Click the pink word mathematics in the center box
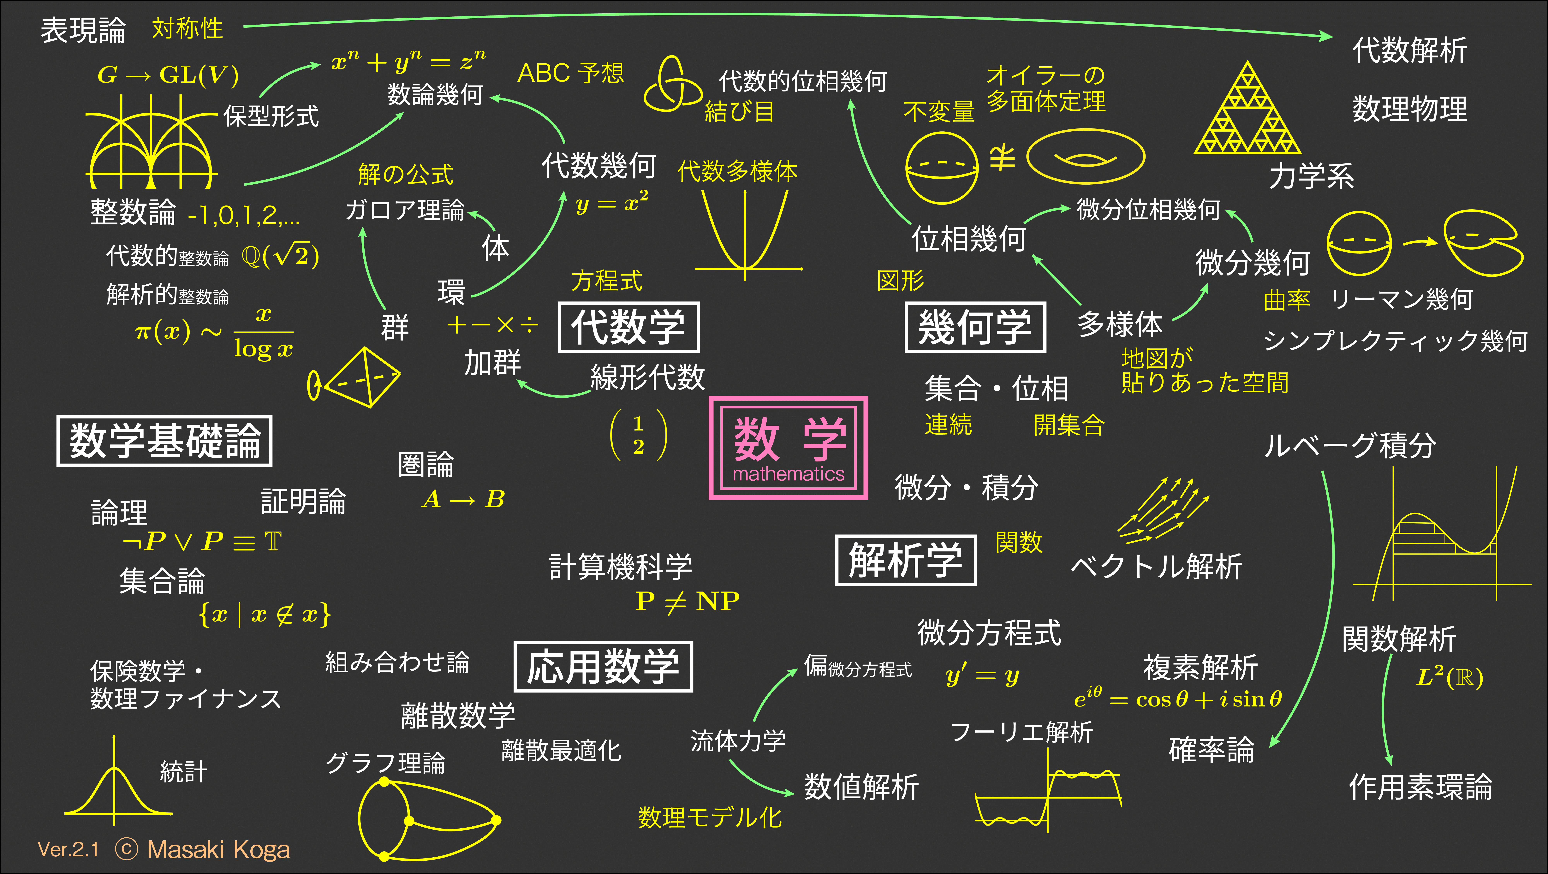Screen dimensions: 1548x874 [789, 474]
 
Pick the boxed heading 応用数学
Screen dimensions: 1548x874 [603, 667]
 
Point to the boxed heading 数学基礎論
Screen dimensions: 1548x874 [165, 441]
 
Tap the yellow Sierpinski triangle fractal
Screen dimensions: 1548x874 [1247, 108]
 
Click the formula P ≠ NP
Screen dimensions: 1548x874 [688, 600]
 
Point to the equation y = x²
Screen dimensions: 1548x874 [612, 202]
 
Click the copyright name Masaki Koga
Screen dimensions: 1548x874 [218, 849]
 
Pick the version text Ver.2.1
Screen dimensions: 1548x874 [68, 849]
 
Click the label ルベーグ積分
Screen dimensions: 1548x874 [1350, 445]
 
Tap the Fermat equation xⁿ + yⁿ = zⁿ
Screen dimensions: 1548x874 [409, 61]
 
